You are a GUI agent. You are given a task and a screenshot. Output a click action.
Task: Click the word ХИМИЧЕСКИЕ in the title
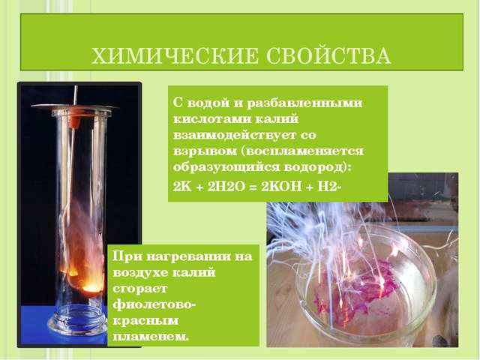[x=175, y=55]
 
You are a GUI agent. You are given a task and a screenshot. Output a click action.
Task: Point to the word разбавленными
[x=304, y=103]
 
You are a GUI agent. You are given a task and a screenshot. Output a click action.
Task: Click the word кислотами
[x=211, y=118]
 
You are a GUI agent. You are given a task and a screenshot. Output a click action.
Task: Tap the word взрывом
[x=205, y=151]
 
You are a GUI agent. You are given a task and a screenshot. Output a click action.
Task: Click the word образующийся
[x=226, y=167]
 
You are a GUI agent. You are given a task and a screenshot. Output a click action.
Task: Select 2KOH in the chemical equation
[x=281, y=186]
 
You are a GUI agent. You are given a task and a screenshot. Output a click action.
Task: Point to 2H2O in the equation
[x=226, y=186]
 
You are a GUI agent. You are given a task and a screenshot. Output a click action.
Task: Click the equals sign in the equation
[x=253, y=187]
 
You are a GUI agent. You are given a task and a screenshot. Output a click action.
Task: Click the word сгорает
[x=140, y=289]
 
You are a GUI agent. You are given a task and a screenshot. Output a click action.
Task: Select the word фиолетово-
[x=154, y=304]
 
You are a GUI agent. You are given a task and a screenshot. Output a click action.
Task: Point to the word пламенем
[x=150, y=337]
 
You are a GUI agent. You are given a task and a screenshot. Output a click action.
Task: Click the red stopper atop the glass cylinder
[x=74, y=119]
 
